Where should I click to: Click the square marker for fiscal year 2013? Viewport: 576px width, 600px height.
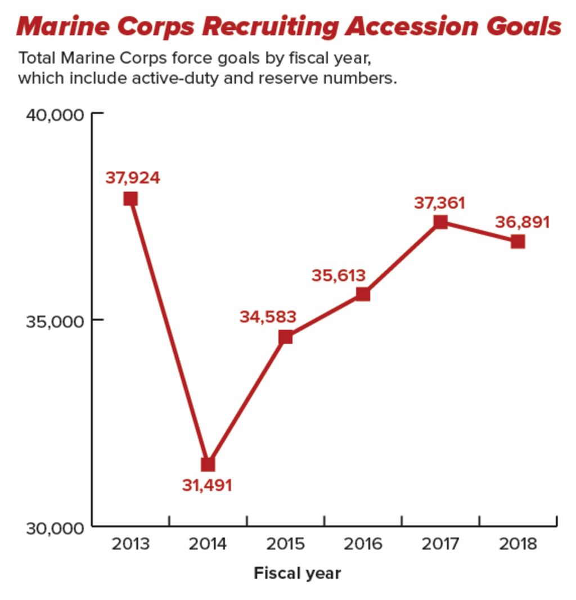(x=130, y=199)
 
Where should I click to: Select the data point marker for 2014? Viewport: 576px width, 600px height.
(x=208, y=464)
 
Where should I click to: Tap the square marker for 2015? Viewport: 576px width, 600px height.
(x=286, y=337)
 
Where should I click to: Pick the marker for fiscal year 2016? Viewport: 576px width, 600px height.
(x=363, y=294)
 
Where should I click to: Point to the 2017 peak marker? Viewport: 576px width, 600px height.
(x=440, y=222)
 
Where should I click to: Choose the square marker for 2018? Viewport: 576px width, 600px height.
(x=518, y=241)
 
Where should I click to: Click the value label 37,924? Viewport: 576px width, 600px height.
(x=133, y=178)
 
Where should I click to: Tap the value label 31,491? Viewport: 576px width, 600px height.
(x=207, y=485)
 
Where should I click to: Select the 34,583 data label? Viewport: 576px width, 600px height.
(x=268, y=317)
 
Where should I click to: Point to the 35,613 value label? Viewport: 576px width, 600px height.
(x=338, y=276)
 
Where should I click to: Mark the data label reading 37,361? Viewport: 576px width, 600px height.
(x=439, y=203)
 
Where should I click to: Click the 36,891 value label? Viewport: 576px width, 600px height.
(x=522, y=223)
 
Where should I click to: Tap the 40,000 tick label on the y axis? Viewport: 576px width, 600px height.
(x=55, y=115)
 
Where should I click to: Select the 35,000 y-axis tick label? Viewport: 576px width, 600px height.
(x=55, y=321)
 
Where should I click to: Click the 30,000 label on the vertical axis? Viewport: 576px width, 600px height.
(x=55, y=529)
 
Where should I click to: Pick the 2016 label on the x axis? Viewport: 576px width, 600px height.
(x=363, y=544)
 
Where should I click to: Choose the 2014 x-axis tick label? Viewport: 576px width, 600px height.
(x=208, y=544)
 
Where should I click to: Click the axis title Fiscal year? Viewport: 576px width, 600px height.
(x=297, y=574)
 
